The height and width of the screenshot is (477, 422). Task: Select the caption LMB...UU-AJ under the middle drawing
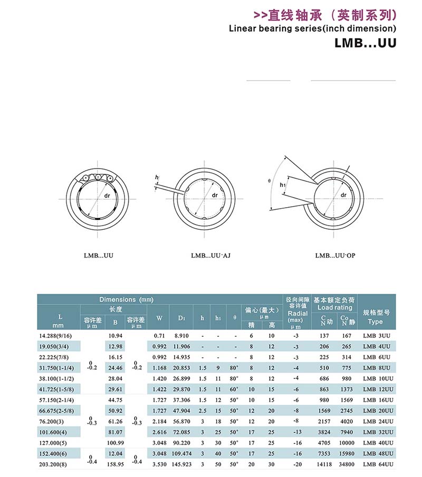point(211,255)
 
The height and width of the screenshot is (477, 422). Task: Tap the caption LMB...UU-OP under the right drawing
point(335,255)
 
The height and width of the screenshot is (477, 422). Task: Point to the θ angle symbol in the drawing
point(269,181)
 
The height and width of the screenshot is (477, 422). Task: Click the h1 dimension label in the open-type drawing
point(283,184)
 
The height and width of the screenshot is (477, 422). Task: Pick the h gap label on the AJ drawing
point(157,178)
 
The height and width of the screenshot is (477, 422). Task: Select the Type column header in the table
point(375,322)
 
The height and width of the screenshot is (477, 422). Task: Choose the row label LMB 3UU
point(378,336)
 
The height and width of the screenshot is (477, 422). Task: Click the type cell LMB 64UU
point(378,463)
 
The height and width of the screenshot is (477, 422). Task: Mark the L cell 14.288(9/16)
point(57,336)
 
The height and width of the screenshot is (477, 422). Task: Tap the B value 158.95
point(115,463)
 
